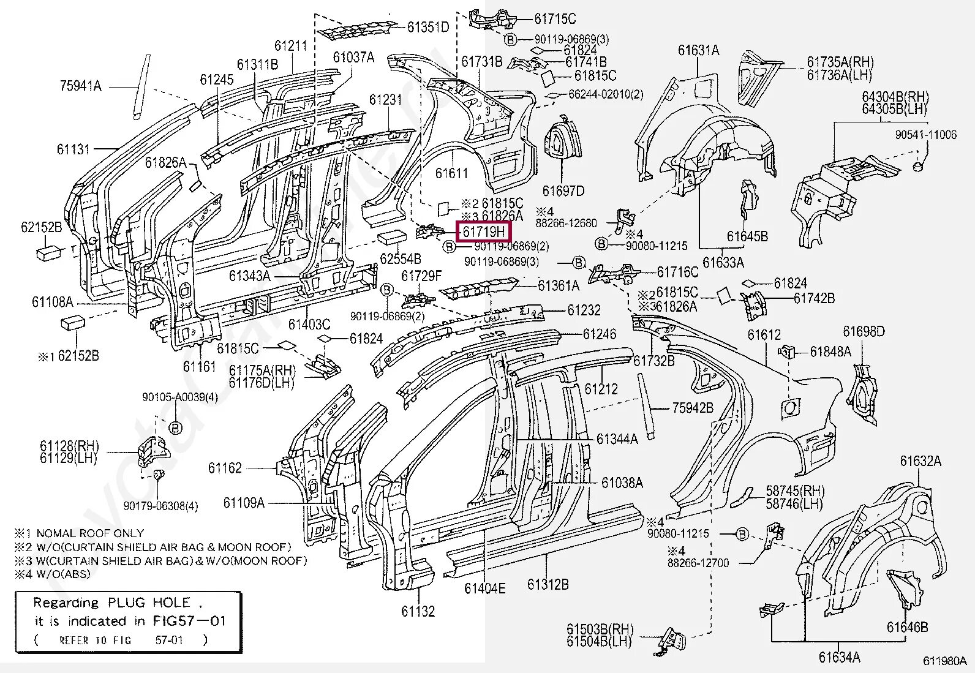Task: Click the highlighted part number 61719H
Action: (x=484, y=231)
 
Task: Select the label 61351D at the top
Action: (x=428, y=27)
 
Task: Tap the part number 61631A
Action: (x=698, y=50)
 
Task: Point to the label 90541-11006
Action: (x=925, y=135)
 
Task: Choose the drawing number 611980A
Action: (x=947, y=661)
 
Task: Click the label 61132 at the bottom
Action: (x=418, y=611)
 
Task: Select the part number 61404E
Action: (x=484, y=589)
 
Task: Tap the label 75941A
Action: (x=80, y=86)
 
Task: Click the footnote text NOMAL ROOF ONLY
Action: (x=90, y=533)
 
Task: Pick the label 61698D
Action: (x=864, y=332)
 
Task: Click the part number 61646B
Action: (x=907, y=627)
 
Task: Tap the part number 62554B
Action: (x=400, y=259)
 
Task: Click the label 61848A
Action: (x=830, y=352)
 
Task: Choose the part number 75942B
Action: (x=693, y=408)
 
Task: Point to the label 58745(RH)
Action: (x=794, y=491)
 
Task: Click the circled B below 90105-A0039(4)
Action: (x=175, y=427)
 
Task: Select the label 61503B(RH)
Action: (x=600, y=630)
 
